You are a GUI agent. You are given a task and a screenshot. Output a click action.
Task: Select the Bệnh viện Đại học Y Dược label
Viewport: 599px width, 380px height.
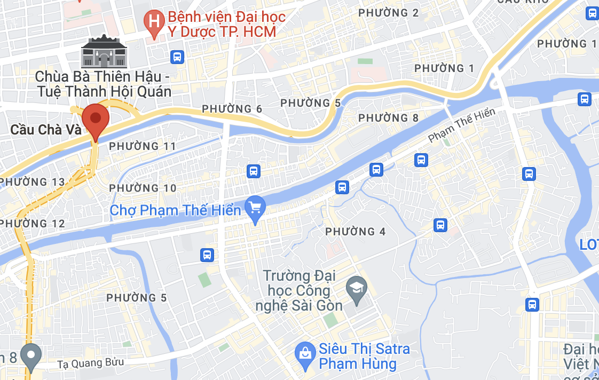227,24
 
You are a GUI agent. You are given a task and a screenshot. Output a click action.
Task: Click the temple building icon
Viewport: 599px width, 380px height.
104,52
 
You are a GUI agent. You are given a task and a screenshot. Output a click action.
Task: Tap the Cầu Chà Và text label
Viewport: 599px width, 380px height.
45,130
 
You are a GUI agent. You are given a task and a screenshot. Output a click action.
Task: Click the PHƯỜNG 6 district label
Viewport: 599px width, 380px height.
232,109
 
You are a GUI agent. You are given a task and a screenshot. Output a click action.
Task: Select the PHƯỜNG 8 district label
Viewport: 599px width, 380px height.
389,118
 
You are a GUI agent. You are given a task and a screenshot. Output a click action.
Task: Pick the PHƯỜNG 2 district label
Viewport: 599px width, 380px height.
389,13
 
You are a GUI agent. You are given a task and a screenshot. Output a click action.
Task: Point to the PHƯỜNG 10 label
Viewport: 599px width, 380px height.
143,188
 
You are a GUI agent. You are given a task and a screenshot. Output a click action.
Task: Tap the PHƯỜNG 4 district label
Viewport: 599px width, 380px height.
356,232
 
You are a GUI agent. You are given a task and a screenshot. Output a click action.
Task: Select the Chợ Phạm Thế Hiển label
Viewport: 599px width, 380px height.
176,210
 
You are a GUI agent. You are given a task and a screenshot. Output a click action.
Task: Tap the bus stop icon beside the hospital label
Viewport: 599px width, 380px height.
177,57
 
